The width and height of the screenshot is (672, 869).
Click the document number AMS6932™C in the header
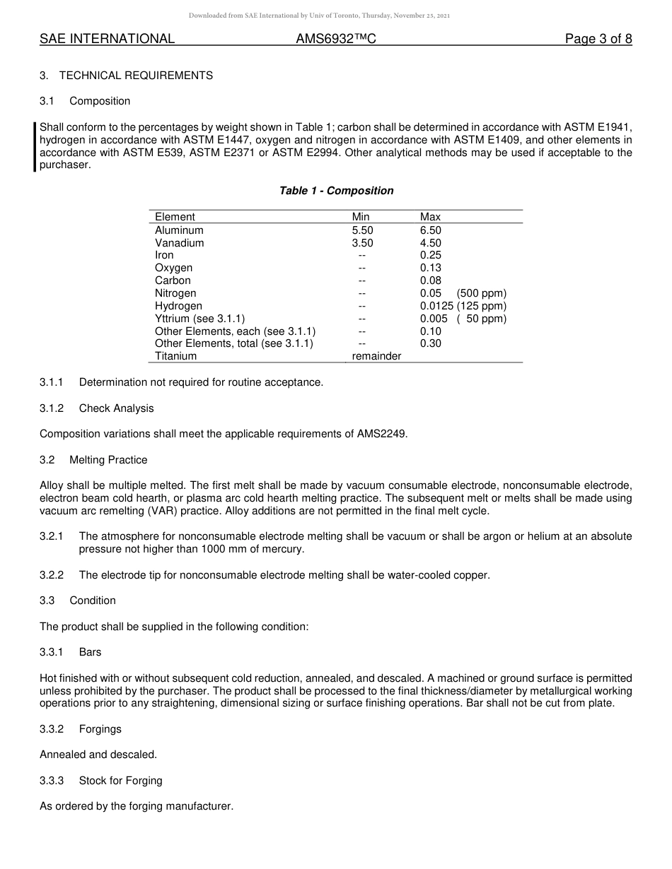[335, 40]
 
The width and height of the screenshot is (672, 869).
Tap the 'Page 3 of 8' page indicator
[598, 40]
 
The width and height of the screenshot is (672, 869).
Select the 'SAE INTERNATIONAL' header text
[107, 40]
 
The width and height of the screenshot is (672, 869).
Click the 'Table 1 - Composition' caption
[336, 191]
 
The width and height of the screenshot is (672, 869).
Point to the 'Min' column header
[361, 217]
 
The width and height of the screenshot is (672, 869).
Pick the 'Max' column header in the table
[430, 217]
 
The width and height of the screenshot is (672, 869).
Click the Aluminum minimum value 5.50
[362, 230]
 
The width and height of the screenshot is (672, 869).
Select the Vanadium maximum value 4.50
[430, 243]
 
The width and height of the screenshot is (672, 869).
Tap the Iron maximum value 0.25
[430, 255]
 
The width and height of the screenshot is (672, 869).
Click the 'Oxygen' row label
[173, 268]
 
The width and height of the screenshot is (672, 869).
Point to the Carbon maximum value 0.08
[430, 280]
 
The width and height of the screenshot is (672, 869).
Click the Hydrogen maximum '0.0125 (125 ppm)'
[463, 306]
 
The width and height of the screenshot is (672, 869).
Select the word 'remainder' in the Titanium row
[376, 356]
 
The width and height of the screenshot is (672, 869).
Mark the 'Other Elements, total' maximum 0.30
[430, 343]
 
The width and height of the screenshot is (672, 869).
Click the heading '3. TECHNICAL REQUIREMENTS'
[126, 76]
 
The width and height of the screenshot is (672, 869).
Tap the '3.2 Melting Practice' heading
[93, 460]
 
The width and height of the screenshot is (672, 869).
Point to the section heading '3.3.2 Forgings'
[81, 729]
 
